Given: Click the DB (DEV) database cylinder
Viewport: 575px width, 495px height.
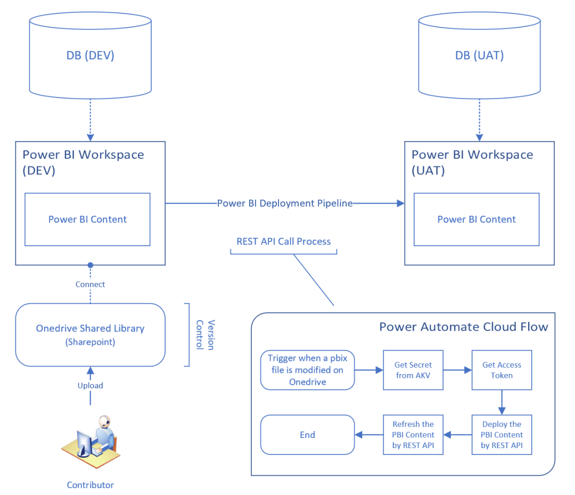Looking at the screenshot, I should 91,55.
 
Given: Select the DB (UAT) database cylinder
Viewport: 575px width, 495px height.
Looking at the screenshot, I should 479,55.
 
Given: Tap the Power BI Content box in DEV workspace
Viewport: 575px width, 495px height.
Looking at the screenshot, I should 87,219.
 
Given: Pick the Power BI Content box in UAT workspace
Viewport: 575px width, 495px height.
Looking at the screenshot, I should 477,219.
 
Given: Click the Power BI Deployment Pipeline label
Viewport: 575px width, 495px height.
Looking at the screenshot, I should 285,203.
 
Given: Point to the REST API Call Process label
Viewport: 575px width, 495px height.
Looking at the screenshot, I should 283,241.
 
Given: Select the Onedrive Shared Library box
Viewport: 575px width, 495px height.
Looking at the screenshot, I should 90,335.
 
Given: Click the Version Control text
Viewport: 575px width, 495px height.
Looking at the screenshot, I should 206,335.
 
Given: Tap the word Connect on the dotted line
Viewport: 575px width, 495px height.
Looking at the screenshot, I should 90,284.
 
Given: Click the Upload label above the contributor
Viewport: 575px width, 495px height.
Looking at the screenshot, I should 90,385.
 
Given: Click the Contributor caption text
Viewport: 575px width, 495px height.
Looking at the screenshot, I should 90,485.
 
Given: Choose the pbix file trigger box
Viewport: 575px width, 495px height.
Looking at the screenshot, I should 307,370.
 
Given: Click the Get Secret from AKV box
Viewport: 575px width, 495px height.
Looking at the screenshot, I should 413,370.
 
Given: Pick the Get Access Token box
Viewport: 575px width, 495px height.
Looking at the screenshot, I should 502,370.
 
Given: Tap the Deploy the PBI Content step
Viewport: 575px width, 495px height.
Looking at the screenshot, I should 502,435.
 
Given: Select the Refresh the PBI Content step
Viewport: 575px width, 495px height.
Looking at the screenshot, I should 413,435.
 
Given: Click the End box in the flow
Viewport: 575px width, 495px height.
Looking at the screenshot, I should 307,435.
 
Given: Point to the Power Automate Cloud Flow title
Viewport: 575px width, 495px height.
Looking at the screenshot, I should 463,327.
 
